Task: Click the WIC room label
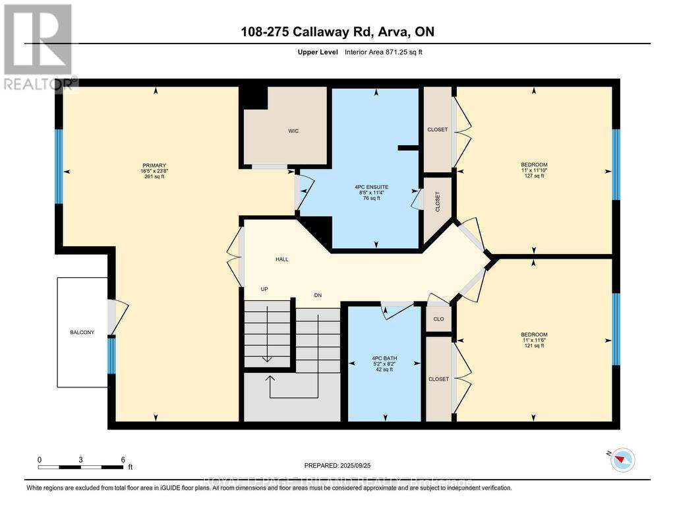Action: [293, 131]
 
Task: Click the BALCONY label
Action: [82, 332]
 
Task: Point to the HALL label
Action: [281, 259]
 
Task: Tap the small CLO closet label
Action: [438, 319]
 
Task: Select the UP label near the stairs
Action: [264, 290]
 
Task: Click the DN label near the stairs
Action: [317, 295]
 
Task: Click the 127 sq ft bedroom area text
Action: [534, 176]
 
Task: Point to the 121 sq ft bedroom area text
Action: [534, 346]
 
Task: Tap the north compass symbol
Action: [622, 459]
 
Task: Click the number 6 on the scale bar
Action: [123, 459]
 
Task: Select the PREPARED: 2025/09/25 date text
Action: [337, 465]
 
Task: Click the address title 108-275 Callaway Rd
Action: [337, 32]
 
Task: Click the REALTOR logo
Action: [38, 46]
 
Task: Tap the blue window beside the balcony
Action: [111, 355]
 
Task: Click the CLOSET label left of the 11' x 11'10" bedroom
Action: [437, 129]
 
